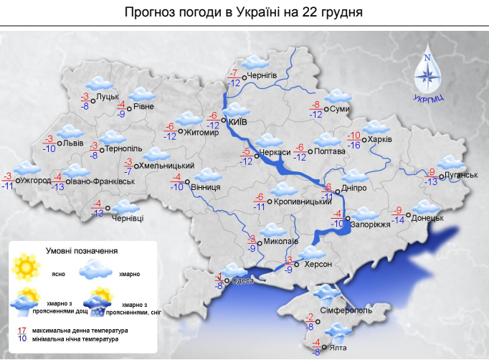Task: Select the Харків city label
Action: coord(380,140)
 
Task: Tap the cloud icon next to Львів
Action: coord(70,133)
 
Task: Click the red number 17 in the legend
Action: coord(22,330)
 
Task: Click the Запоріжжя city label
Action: coord(371,224)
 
